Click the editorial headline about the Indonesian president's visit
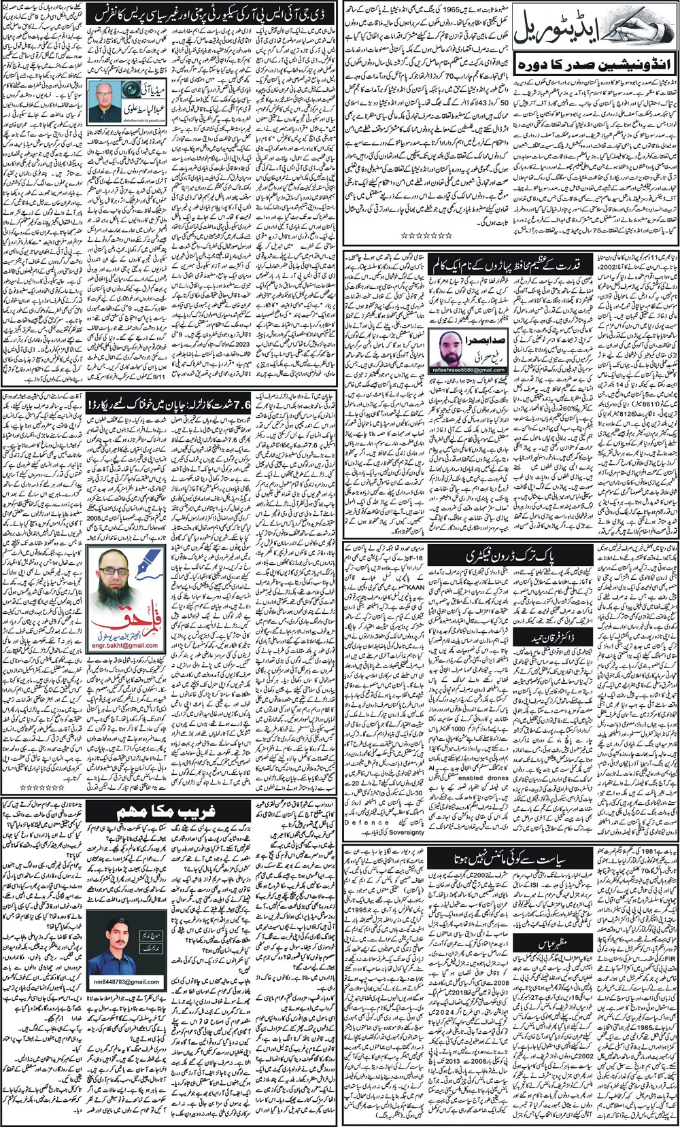(594, 67)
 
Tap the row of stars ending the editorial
(427, 235)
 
